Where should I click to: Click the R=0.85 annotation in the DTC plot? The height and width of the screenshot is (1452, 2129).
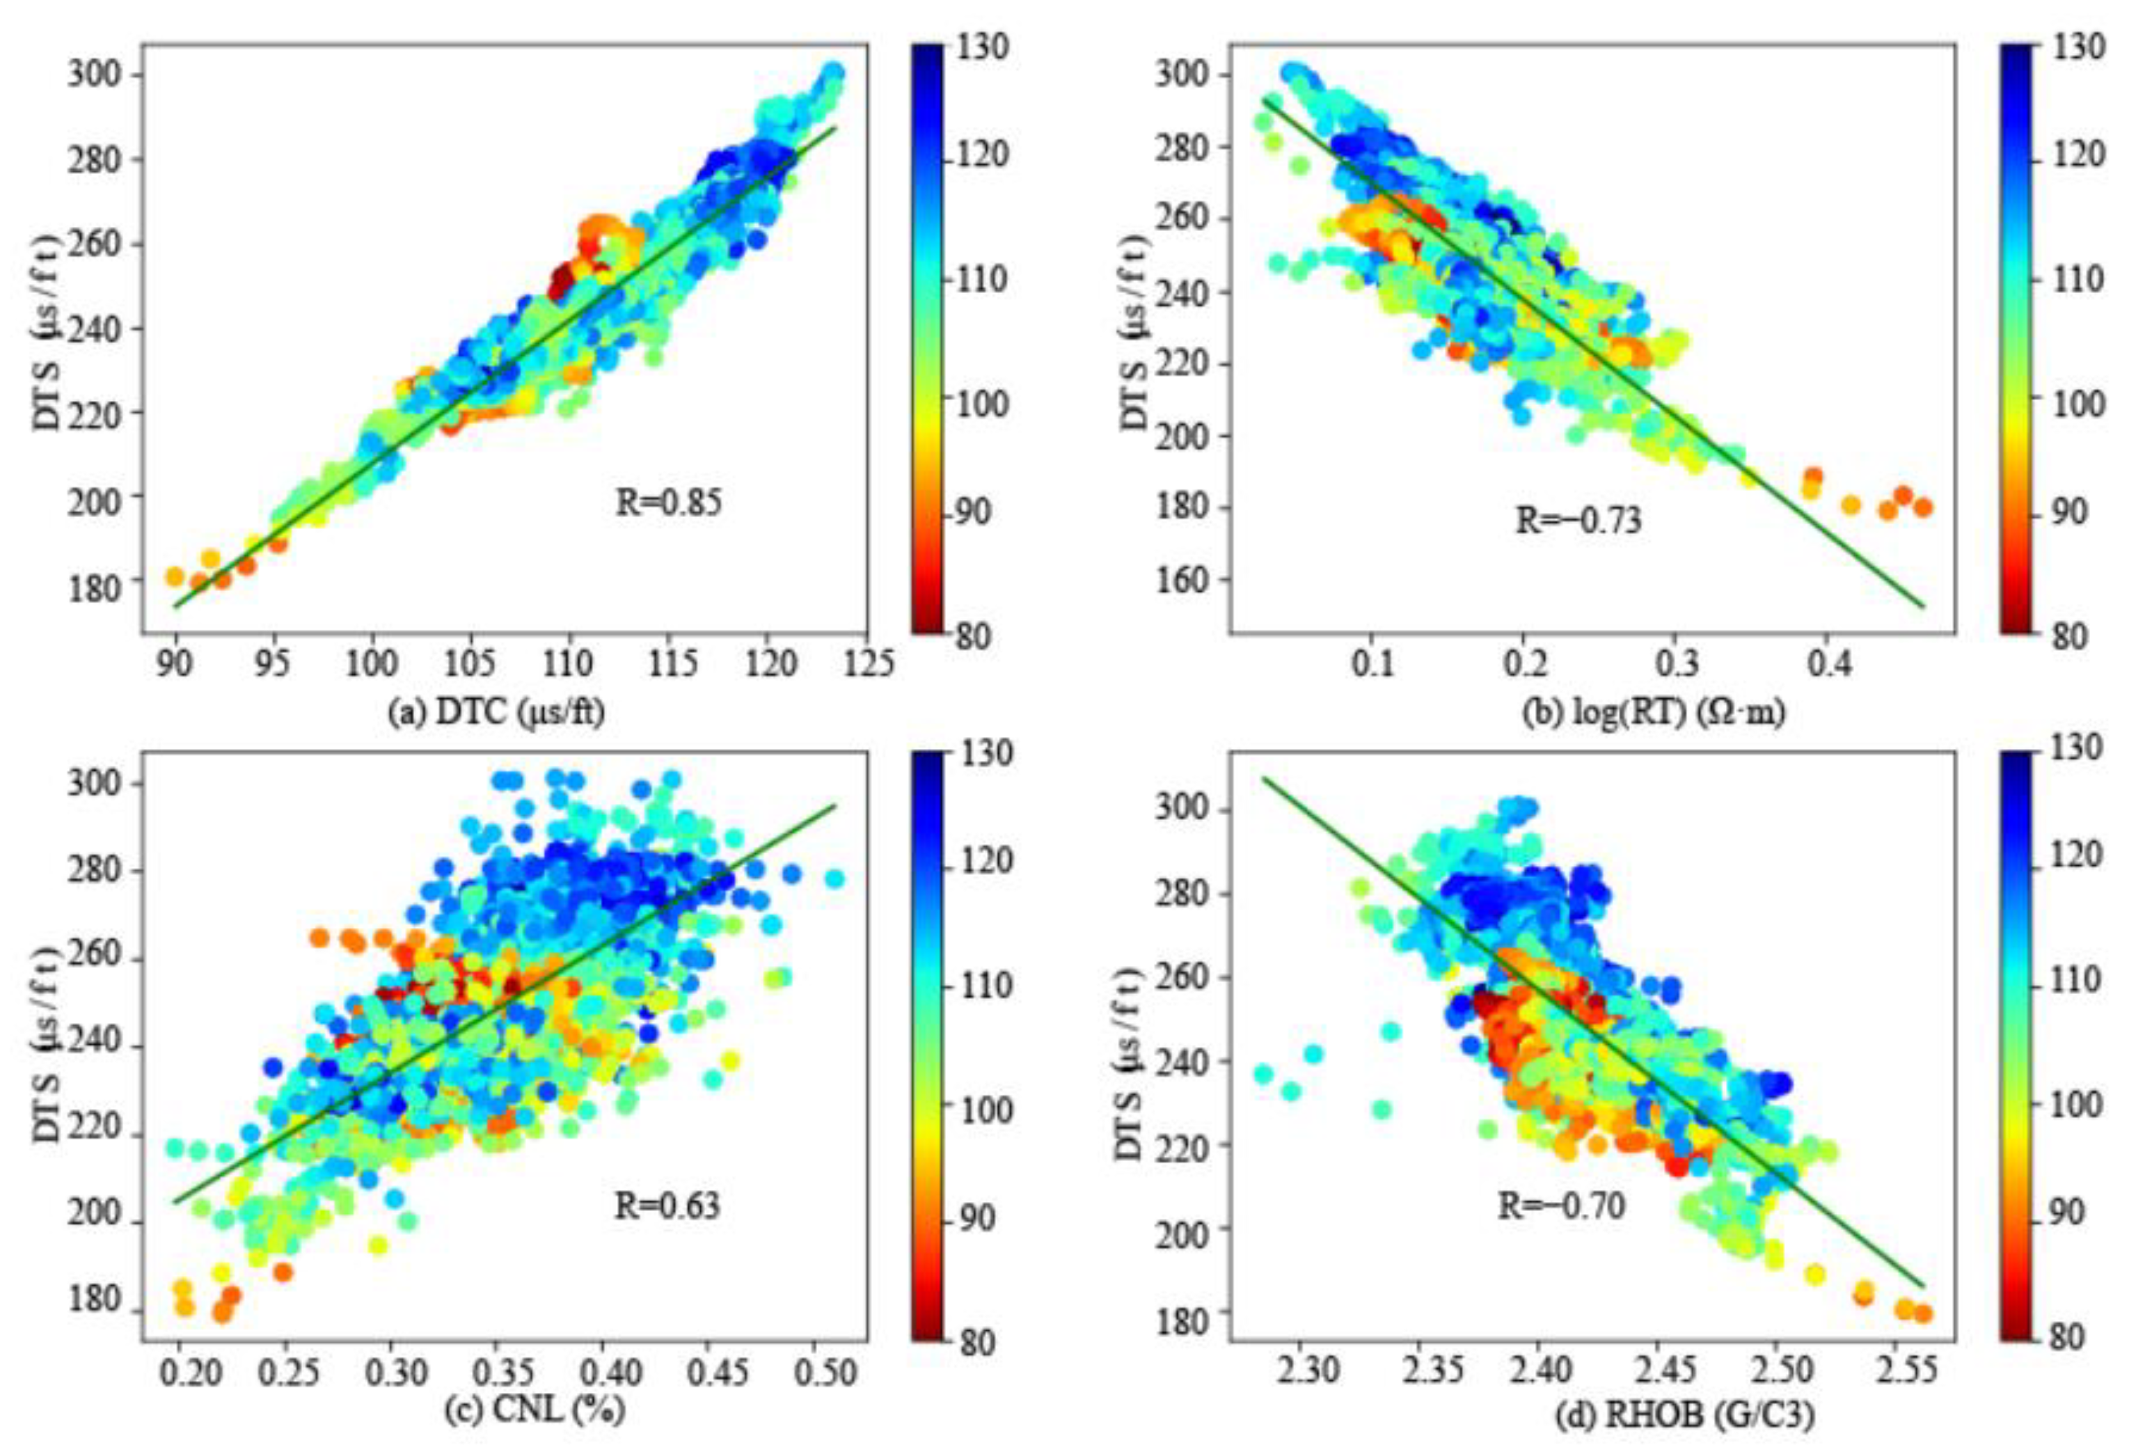[x=668, y=503]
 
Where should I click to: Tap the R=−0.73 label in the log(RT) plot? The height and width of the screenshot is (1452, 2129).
[x=1578, y=521]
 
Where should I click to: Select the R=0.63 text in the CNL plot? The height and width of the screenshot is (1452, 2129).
[x=667, y=1206]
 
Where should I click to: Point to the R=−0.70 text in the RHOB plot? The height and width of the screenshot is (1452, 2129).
[x=1561, y=1206]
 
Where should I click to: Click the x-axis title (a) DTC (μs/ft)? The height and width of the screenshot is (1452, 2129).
[x=496, y=712]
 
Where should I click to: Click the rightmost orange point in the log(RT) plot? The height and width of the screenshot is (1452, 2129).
[x=1922, y=507]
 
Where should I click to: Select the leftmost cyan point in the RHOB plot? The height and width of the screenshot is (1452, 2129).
[x=1264, y=1073]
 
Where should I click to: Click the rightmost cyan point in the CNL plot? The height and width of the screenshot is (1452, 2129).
[x=834, y=878]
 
